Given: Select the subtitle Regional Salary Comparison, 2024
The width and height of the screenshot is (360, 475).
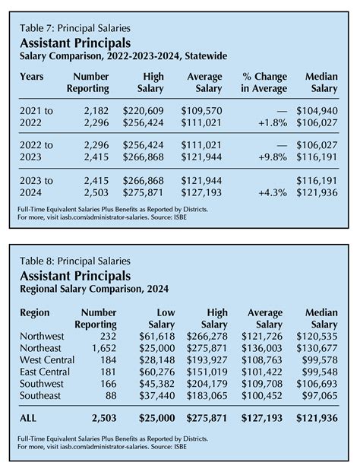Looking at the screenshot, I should (x=93, y=289).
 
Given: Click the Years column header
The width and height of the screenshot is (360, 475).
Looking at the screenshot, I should (x=33, y=77).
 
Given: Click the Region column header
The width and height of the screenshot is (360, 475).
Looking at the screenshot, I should (x=36, y=312).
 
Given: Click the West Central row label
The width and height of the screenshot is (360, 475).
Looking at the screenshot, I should (x=49, y=359).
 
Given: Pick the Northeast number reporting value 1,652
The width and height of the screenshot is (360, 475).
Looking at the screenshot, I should (x=100, y=348).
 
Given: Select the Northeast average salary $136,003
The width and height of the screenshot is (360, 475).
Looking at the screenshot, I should (x=261, y=348).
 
